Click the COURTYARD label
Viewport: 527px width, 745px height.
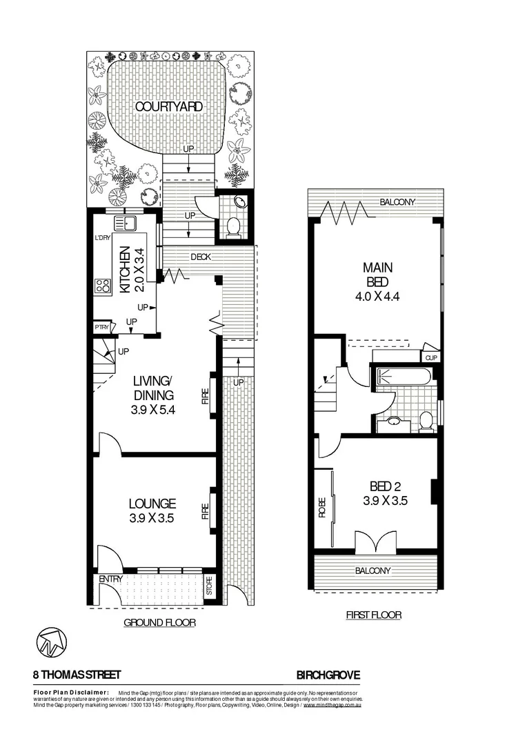click(x=168, y=106)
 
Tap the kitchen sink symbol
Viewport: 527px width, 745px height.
click(x=126, y=223)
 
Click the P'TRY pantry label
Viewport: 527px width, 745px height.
click(x=101, y=328)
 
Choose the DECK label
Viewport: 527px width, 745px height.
click(x=201, y=257)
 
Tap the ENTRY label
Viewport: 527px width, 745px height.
click(x=110, y=579)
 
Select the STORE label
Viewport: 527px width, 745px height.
click(x=210, y=590)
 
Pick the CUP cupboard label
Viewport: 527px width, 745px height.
click(x=431, y=357)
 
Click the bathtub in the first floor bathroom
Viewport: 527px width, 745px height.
click(x=405, y=377)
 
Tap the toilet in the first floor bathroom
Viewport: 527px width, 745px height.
click(x=426, y=421)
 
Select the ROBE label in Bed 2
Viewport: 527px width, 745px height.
click(x=322, y=508)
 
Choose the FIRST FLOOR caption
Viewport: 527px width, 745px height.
click(x=373, y=614)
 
